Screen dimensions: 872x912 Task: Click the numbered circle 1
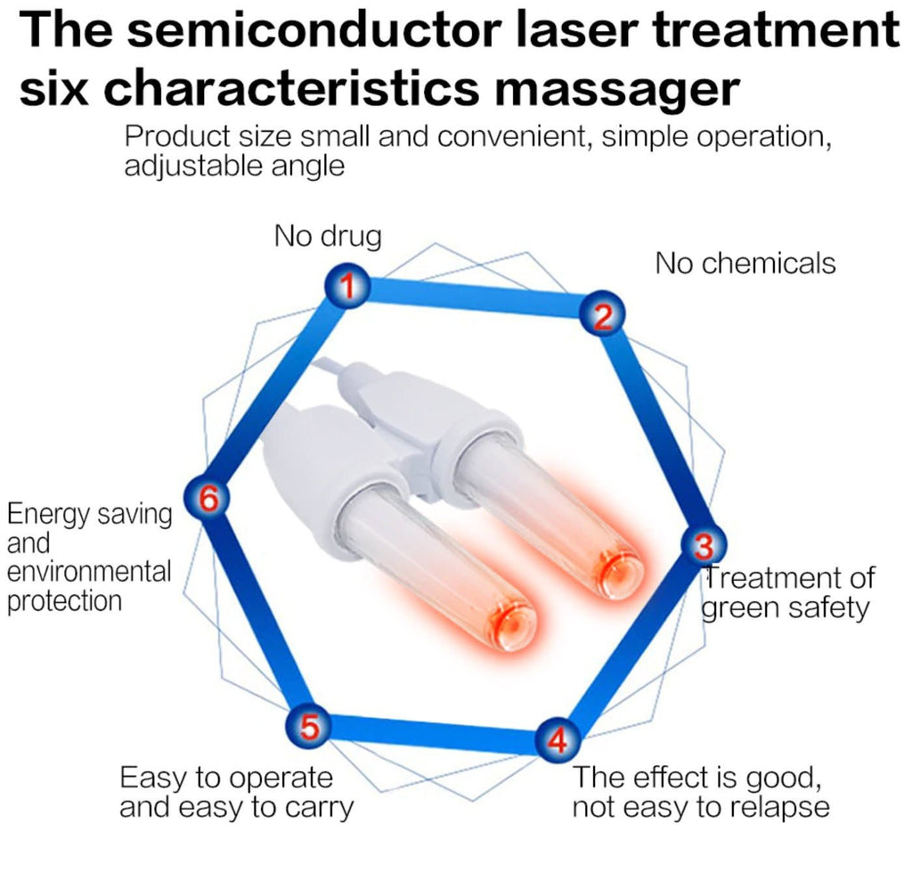pyautogui.click(x=350, y=286)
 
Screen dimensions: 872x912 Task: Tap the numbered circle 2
pyautogui.click(x=603, y=316)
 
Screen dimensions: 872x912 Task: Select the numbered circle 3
pyautogui.click(x=704, y=545)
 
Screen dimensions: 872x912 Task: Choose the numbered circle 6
pyautogui.click(x=207, y=499)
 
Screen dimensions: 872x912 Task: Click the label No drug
pyautogui.click(x=327, y=236)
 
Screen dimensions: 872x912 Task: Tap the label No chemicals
pyautogui.click(x=745, y=263)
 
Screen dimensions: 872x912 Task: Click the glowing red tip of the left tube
pyautogui.click(x=511, y=623)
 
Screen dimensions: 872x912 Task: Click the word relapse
pyautogui.click(x=774, y=807)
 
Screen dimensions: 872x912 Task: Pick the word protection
pyautogui.click(x=64, y=600)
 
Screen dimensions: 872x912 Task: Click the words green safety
pyautogui.click(x=785, y=607)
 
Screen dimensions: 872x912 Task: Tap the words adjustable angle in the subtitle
pyautogui.click(x=234, y=166)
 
